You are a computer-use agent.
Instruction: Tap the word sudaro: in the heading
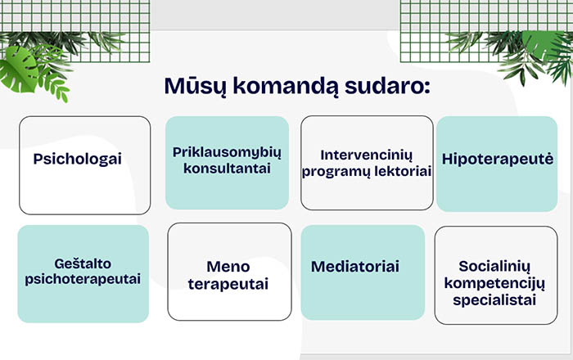click(387, 86)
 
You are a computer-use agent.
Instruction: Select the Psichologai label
click(78, 160)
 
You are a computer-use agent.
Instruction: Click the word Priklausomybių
click(227, 153)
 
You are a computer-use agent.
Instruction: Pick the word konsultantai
click(227, 169)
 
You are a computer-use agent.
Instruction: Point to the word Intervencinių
click(367, 155)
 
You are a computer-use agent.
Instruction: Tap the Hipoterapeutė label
click(498, 160)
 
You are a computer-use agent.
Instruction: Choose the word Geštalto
click(83, 263)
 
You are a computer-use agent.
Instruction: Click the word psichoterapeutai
click(83, 279)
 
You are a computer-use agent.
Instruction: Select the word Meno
click(228, 267)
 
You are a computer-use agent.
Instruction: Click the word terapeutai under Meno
click(228, 284)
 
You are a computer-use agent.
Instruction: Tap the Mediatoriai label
click(355, 267)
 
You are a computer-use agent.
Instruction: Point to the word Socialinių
click(494, 267)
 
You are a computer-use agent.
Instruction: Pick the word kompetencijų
click(494, 283)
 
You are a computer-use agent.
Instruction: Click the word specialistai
click(494, 300)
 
